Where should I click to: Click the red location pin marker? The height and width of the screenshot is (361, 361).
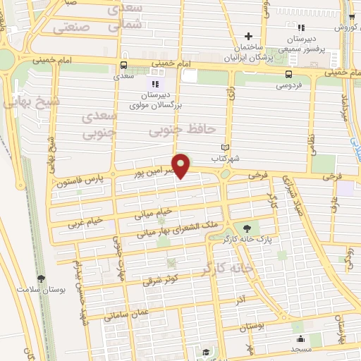pos(182,165)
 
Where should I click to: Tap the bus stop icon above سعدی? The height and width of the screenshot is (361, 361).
pos(124,67)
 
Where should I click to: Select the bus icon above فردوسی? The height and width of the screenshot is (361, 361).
pos(288,73)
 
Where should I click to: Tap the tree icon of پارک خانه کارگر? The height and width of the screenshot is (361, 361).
pos(246,228)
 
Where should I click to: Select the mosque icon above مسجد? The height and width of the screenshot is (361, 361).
pos(300,338)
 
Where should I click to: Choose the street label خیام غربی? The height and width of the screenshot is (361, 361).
pos(85,223)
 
